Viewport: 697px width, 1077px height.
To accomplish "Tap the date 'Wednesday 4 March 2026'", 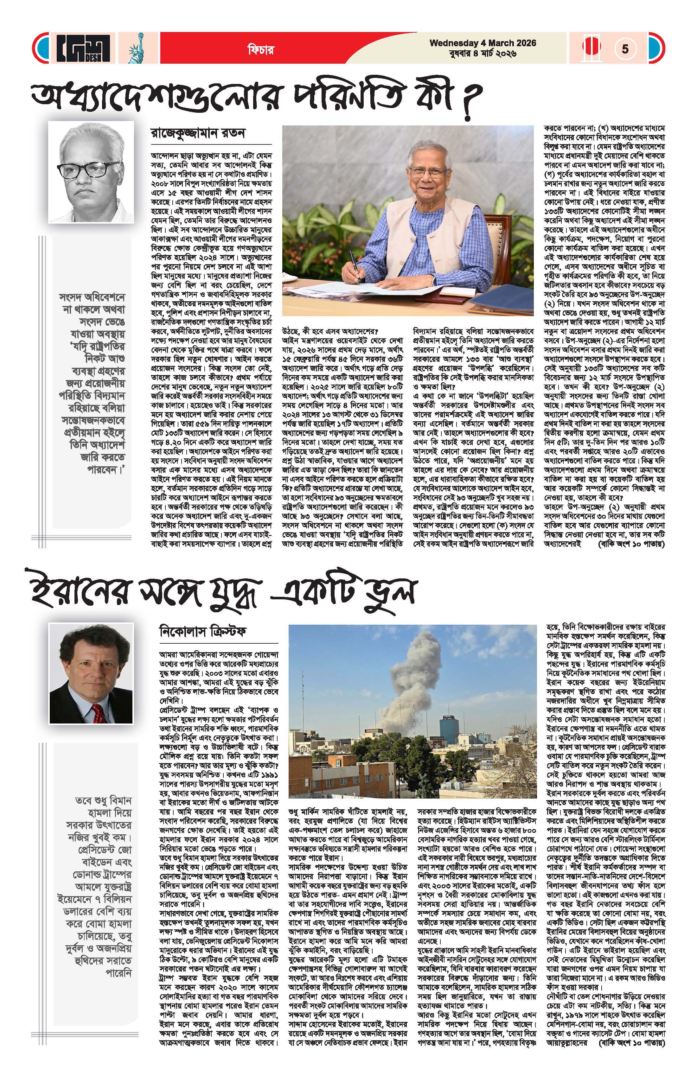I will click(483, 43).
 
